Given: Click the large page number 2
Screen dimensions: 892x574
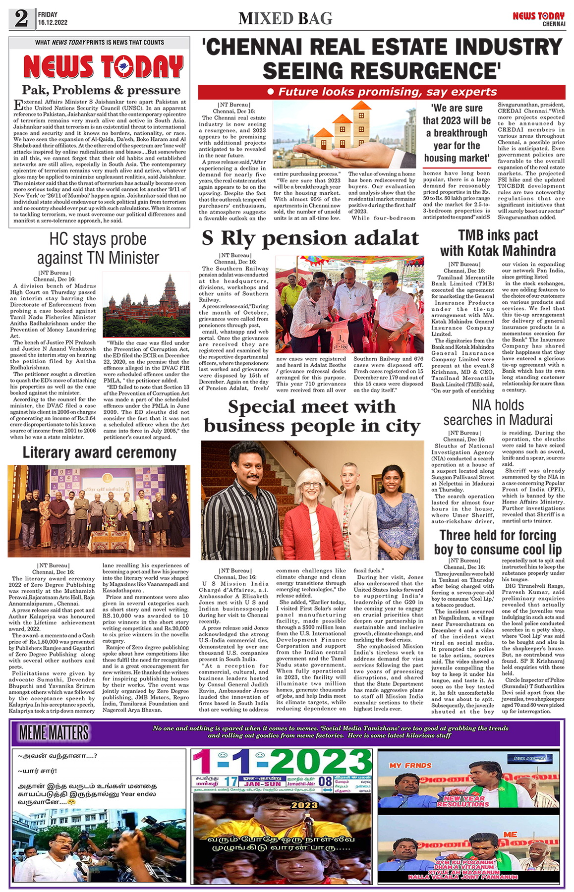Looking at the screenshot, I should tap(21, 18).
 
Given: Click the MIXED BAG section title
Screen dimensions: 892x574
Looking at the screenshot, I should tap(285, 19).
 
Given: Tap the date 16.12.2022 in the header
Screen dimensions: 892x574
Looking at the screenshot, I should tap(53, 23).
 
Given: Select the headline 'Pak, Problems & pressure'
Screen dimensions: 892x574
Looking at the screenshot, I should tap(101, 90).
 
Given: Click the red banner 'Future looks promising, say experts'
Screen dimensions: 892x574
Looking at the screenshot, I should tap(382, 92).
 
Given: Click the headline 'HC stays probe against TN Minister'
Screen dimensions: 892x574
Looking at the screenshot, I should tap(98, 249).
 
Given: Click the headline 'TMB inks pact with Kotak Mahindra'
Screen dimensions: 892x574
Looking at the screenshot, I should tap(498, 243).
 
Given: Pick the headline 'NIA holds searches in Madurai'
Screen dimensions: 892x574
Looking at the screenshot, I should tap(498, 412).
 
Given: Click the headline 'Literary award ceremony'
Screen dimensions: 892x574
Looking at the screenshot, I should tap(99, 452).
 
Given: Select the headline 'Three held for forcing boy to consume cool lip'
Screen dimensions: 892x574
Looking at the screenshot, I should tap(498, 542).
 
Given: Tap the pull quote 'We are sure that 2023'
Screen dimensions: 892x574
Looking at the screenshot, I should tap(457, 133).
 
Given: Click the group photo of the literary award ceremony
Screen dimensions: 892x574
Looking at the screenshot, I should tap(99, 510).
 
